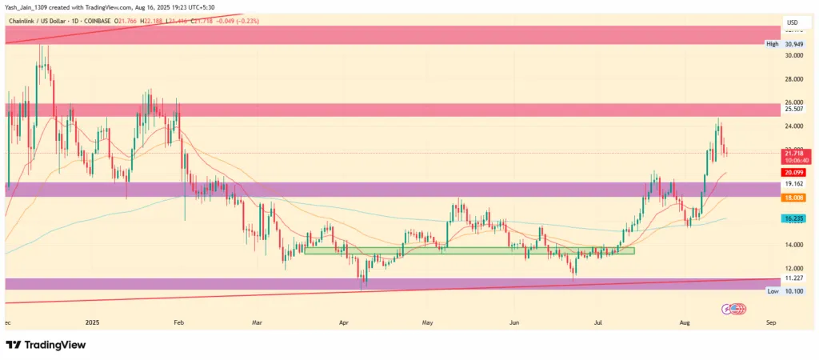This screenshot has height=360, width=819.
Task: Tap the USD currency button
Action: (x=793, y=22)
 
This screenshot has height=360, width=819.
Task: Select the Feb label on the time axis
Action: (x=178, y=322)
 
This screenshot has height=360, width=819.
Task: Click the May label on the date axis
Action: (x=427, y=322)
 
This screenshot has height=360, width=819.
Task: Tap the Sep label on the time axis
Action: (x=771, y=322)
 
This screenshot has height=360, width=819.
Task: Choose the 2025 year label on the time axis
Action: (x=94, y=322)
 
